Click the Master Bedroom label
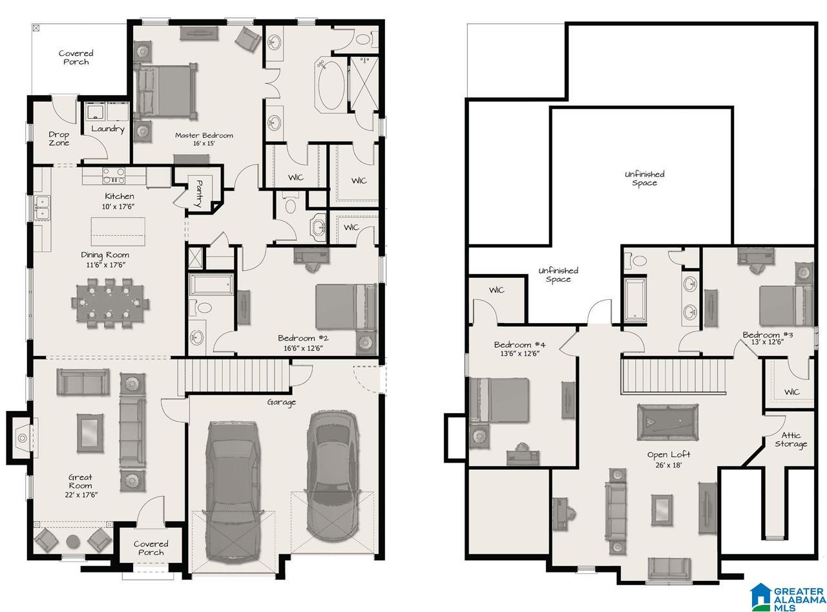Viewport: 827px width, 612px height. [204, 135]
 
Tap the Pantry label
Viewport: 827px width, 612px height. [199, 194]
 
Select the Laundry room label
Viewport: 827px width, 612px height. [108, 129]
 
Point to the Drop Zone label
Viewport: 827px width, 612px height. [59, 138]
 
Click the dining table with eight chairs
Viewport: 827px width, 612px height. [110, 303]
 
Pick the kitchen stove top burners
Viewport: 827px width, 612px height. [114, 176]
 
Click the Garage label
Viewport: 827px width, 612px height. [282, 402]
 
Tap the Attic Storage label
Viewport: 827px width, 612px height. [790, 439]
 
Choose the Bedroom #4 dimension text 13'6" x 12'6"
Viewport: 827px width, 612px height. [519, 353]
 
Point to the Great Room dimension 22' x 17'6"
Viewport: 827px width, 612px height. [81, 495]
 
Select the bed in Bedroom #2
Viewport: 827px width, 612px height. [346, 306]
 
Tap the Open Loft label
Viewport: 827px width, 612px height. [669, 454]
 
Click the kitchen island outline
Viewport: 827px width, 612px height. [118, 231]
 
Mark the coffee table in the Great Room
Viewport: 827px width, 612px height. [90, 433]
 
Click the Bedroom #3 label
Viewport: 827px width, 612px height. [768, 335]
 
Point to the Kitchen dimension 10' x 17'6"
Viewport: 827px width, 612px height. [118, 207]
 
